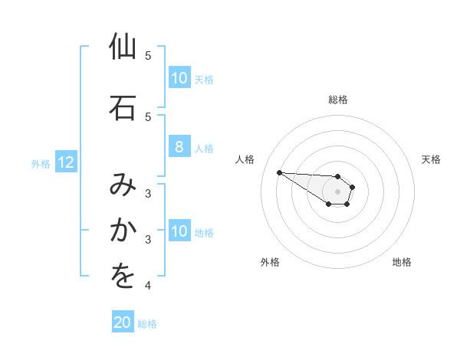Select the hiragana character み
click(123, 185)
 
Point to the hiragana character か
click(123, 230)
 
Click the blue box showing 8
click(179, 148)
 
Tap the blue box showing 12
click(65, 162)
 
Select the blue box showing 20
click(123, 323)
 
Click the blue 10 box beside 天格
click(179, 78)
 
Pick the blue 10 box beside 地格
click(179, 231)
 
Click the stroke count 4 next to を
click(148, 286)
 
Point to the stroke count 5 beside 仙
click(148, 56)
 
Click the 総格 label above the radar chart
click(338, 100)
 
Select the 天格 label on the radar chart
click(431, 159)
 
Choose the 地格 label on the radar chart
click(402, 262)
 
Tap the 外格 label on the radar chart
click(270, 262)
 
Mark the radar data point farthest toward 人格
click(279, 172)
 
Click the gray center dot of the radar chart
click(338, 191)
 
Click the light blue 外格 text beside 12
click(41, 163)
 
